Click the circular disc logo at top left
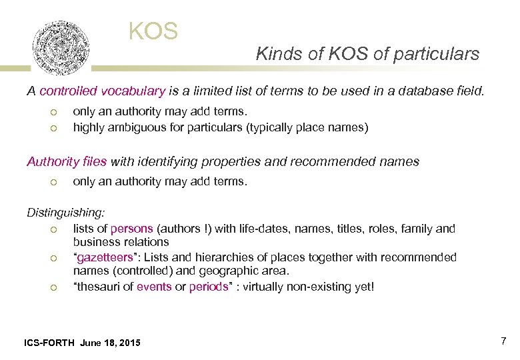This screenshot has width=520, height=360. click(x=61, y=47)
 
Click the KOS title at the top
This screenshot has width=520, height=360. click(x=153, y=31)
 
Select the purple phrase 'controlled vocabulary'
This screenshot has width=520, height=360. click(x=102, y=91)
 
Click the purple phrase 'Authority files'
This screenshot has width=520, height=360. click(x=67, y=161)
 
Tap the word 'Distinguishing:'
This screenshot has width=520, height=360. click(x=65, y=213)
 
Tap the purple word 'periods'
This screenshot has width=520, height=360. click(x=209, y=287)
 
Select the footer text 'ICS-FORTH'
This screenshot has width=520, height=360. click(x=49, y=343)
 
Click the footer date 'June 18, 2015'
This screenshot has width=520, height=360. click(x=110, y=343)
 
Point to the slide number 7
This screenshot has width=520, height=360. click(x=503, y=341)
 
